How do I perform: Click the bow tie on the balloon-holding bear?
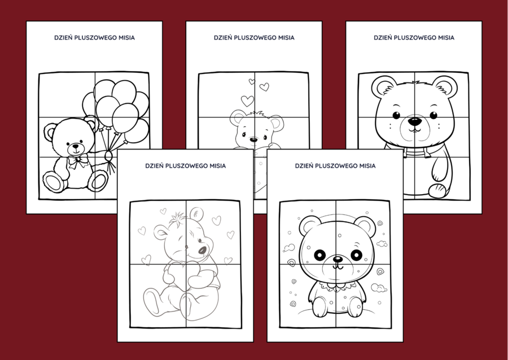(x=77, y=162)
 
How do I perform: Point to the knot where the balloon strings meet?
(x=108, y=153)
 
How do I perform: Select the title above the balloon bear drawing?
(x=94, y=38)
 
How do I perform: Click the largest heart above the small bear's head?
(x=247, y=100)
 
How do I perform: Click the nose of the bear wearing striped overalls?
(x=414, y=120)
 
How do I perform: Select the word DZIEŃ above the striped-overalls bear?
(x=384, y=38)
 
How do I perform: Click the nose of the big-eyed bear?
(x=337, y=260)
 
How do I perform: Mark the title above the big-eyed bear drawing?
(x=335, y=166)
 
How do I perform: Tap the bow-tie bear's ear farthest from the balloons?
(x=51, y=132)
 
